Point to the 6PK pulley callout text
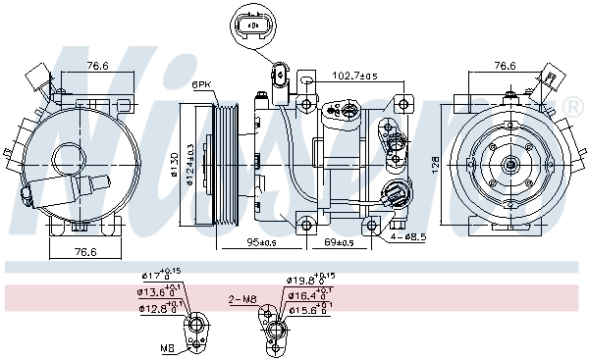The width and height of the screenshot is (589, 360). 203,84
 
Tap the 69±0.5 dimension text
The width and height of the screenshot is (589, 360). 339,242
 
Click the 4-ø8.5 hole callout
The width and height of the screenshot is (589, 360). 405,236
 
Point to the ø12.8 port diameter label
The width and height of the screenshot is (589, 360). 159,309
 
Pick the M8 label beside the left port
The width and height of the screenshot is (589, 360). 168,347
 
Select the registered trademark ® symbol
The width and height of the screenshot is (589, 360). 571,106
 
